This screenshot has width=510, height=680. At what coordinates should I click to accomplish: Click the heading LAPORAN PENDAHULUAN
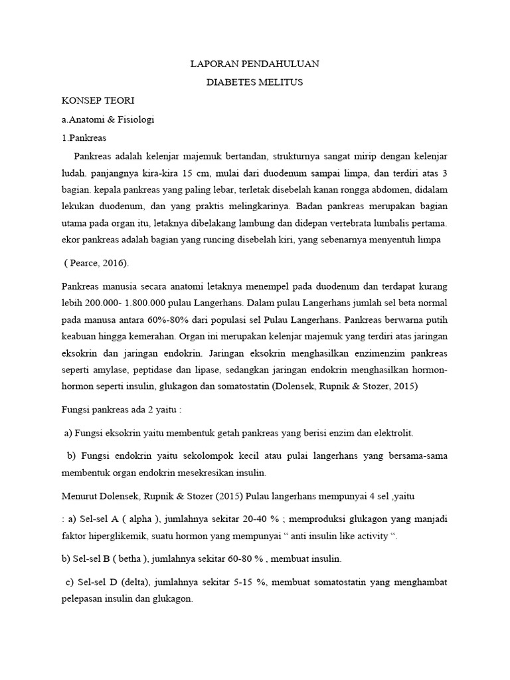pos(255,64)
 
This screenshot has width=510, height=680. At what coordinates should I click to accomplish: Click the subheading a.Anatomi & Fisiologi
pos(107,120)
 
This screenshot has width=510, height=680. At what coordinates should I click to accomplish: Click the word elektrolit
pos(390,432)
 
